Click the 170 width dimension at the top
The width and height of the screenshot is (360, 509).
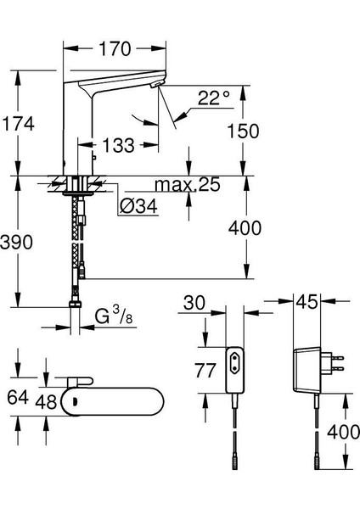coord(115,48)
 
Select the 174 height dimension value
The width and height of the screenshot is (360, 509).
coord(18,124)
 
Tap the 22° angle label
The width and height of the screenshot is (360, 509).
coord(213,98)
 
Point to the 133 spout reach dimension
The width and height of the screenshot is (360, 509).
coord(118,145)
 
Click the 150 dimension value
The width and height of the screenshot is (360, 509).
coord(243,131)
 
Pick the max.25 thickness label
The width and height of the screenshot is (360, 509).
coord(188,184)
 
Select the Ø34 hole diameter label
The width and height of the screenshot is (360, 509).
coord(138,206)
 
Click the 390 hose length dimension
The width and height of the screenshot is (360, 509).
coord(16,242)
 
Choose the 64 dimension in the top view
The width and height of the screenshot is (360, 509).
coord(18,397)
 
